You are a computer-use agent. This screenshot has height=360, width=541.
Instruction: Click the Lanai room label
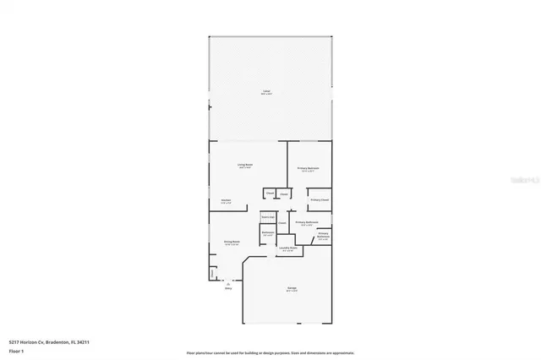click(x=267, y=90)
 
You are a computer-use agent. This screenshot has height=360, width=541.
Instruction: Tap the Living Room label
click(x=245, y=165)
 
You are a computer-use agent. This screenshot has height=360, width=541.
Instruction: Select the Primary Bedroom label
click(x=308, y=168)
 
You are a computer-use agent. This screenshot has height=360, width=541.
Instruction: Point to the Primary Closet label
click(x=319, y=199)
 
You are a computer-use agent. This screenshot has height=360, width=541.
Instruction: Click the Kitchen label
click(x=226, y=200)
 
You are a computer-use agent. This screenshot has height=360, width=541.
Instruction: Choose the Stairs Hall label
click(x=267, y=217)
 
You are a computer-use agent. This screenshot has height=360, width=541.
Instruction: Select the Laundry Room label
click(x=287, y=248)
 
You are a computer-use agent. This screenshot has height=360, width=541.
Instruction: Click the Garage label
click(x=291, y=288)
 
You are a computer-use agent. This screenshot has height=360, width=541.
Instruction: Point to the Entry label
click(x=227, y=288)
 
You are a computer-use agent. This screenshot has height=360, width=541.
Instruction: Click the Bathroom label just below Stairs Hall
click(x=268, y=232)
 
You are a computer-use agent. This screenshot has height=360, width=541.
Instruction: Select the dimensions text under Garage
click(x=291, y=292)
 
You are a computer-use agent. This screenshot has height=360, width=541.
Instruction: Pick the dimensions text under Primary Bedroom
click(x=308, y=172)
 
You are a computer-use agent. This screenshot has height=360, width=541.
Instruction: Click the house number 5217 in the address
click(x=14, y=342)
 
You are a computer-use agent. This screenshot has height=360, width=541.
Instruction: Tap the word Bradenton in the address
click(x=58, y=342)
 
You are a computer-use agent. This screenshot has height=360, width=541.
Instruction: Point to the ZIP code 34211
click(x=85, y=342)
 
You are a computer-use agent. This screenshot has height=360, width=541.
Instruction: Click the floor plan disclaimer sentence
click(x=270, y=352)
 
